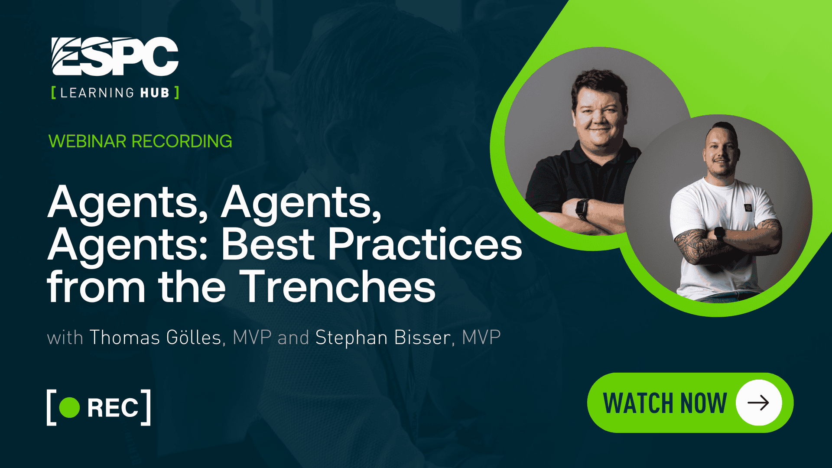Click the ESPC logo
point(115,57)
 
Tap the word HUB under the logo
point(155,93)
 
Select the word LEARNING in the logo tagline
point(97,93)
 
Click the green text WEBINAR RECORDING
point(140,141)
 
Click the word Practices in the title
point(425,244)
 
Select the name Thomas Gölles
point(156,338)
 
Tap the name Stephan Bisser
point(383,338)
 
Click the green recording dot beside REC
point(69,407)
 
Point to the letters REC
point(113,408)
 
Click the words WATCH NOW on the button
point(665,403)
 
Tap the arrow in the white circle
point(758,403)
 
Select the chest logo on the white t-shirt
point(748,208)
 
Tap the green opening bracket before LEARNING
point(53,93)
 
